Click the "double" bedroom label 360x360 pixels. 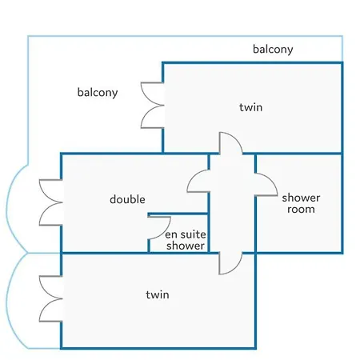(x=127, y=199)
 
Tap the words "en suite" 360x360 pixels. (x=186, y=234)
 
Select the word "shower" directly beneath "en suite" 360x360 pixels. (x=186, y=246)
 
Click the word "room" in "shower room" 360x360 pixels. (x=301, y=210)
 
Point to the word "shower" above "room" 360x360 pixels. (x=301, y=198)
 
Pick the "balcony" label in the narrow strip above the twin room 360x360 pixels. (x=273, y=50)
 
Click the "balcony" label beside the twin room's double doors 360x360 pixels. (x=98, y=93)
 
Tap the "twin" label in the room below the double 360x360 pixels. (x=158, y=294)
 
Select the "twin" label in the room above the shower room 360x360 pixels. (x=250, y=107)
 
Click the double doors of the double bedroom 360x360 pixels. (x=50, y=202)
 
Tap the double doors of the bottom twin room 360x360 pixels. (x=50, y=298)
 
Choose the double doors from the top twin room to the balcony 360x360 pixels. (x=152, y=106)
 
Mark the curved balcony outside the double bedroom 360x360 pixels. (x=10, y=208)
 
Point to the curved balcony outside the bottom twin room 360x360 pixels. (x=10, y=302)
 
